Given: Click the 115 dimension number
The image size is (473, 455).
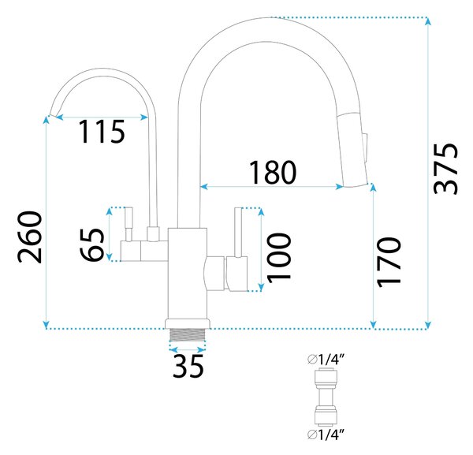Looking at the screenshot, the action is [102, 131].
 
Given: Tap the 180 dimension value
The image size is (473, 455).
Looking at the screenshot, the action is [273, 172].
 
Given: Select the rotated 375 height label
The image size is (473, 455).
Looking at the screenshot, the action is [446, 169].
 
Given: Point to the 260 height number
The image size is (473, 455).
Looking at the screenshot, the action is [29, 237].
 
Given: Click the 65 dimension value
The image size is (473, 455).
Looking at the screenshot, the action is [92, 244].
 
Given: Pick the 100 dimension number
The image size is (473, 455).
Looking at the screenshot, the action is [279, 258].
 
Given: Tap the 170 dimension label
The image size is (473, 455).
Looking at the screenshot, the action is [389, 262].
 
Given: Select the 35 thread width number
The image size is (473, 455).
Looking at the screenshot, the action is [188, 366].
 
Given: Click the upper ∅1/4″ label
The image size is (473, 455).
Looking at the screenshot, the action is [326, 360].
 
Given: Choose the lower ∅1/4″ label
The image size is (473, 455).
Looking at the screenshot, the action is [326, 434].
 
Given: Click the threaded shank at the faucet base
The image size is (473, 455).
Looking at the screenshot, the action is [188, 334].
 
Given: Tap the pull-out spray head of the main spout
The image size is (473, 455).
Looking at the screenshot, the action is [352, 150].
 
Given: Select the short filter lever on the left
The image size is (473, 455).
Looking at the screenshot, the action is [128, 224].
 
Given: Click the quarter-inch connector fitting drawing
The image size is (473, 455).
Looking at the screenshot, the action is [326, 397].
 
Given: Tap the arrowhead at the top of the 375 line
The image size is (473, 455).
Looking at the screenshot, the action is [428, 21].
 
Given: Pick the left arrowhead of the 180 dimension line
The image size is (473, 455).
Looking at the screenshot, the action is [204, 187].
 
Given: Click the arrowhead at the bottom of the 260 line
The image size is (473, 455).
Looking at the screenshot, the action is [46, 325].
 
